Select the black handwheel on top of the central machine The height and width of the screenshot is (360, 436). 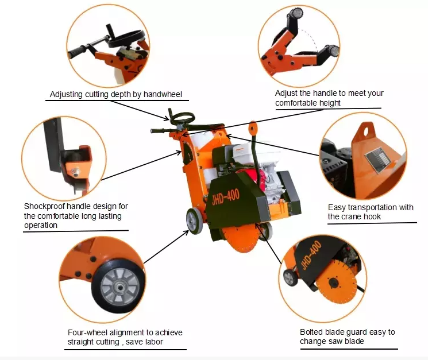(x=182, y=118)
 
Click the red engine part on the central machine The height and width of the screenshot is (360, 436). (x=264, y=178)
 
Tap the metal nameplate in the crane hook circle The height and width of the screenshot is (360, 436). (x=377, y=160)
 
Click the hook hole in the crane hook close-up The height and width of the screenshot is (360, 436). (x=366, y=130)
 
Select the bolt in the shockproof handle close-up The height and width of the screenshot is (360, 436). (x=75, y=172)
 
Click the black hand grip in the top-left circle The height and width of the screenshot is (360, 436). (x=79, y=51)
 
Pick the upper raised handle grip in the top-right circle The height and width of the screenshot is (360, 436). (x=296, y=13)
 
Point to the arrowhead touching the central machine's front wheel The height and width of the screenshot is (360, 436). (x=186, y=233)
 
